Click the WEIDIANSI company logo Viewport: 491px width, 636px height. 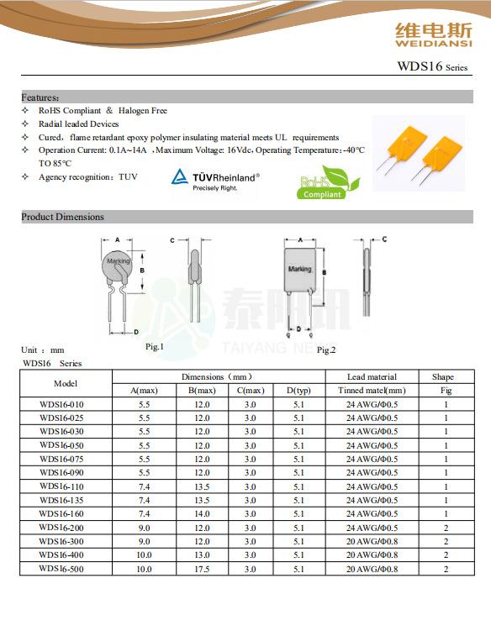pos(434,35)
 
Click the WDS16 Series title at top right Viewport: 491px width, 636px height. pos(432,66)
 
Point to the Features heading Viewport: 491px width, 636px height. pos(40,97)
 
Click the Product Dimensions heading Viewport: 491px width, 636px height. pos(62,217)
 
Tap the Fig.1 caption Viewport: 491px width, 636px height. pos(154,346)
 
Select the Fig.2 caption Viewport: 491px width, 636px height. pos(326,350)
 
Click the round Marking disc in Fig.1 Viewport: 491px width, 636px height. pos(117,265)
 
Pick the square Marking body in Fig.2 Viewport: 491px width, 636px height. pos(300,270)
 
